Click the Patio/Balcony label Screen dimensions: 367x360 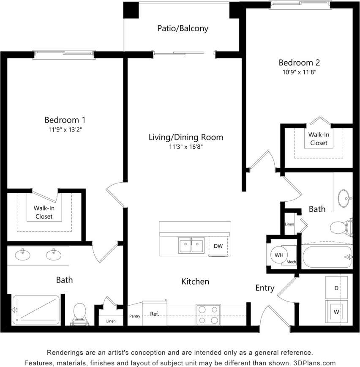(x=183, y=29)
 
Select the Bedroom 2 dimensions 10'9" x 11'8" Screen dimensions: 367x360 (x=300, y=72)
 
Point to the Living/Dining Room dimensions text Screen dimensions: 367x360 (x=185, y=147)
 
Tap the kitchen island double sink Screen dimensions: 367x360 (x=191, y=246)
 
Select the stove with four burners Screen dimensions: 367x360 (x=208, y=315)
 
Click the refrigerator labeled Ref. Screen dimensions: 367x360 (x=154, y=314)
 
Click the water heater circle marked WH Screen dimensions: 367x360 (x=279, y=255)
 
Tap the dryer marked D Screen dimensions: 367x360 (x=336, y=288)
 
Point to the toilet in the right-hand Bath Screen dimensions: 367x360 (x=341, y=228)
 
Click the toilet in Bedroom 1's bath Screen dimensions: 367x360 (x=79, y=314)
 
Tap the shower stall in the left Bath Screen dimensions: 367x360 (x=36, y=310)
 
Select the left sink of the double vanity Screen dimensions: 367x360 (x=22, y=255)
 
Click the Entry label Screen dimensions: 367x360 (x=265, y=288)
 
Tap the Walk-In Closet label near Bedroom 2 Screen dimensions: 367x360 (x=319, y=139)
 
